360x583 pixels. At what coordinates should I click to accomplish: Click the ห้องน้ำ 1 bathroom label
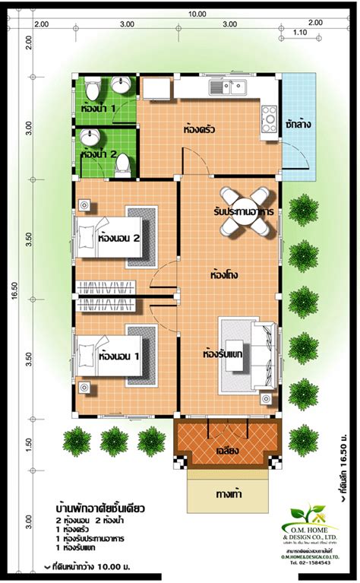pos(99,109)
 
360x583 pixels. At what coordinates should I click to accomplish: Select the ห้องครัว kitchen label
pos(199,130)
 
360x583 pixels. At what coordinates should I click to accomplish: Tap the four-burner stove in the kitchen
pos(269,116)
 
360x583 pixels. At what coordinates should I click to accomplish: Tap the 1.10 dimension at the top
pos(299,33)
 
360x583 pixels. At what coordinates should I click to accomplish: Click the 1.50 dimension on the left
pos(29,443)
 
